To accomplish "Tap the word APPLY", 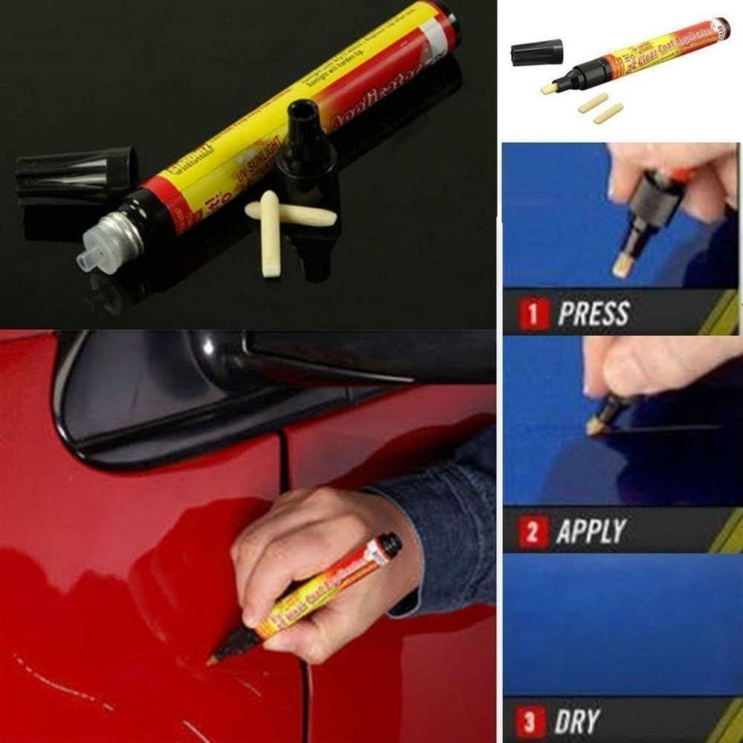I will (591, 532).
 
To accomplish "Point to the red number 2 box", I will (533, 533).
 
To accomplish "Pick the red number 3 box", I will (533, 721).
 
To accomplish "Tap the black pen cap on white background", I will (536, 52).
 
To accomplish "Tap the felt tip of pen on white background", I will (550, 87).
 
